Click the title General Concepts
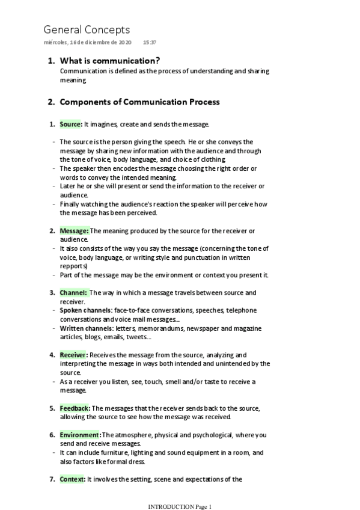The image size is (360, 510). click(x=87, y=29)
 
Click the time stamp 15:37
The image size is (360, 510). click(x=150, y=43)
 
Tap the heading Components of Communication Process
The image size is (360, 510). click(x=139, y=102)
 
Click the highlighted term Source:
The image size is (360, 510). click(x=71, y=124)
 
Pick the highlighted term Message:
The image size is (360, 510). click(x=74, y=230)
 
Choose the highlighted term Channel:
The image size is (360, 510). click(x=73, y=292)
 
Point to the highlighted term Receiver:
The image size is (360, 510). click(x=74, y=355)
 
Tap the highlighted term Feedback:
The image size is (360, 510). click(x=75, y=408)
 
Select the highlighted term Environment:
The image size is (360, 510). click(x=80, y=435)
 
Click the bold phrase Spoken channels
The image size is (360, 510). click(x=85, y=310)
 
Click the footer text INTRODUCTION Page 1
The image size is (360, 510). click(x=180, y=506)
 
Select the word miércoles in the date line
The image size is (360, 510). click(x=56, y=43)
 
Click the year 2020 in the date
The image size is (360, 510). click(x=124, y=43)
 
